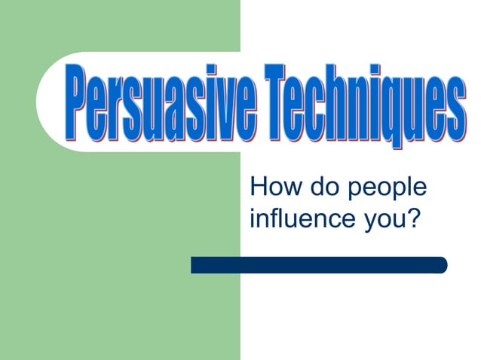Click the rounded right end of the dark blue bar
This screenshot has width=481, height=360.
coord(443,265)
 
